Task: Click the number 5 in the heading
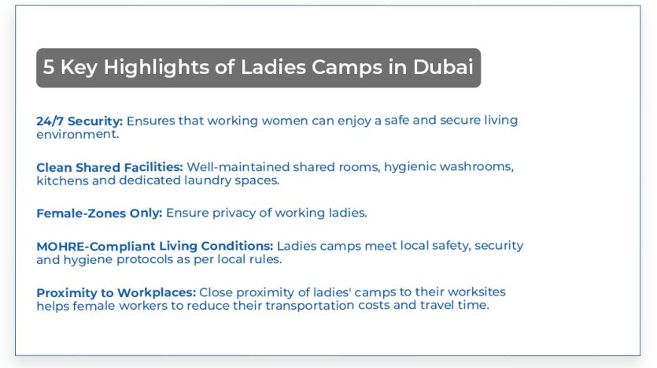click(49, 68)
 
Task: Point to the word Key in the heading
click(79, 68)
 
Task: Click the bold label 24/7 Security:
click(79, 121)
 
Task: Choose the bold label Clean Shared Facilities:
click(109, 167)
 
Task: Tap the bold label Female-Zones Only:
click(99, 213)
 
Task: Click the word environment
click(76, 134)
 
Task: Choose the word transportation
click(280, 306)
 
